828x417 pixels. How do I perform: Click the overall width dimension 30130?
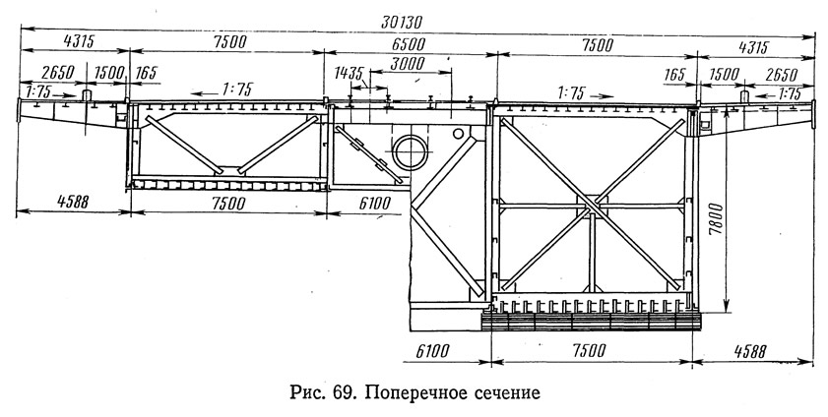[402, 23]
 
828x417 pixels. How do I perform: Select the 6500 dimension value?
[409, 44]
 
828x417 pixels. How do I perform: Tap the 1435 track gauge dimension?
[349, 73]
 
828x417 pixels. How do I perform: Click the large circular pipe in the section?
[411, 151]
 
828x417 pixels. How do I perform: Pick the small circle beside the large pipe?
[458, 134]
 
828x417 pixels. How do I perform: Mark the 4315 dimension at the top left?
[78, 42]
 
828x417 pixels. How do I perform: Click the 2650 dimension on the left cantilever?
[57, 72]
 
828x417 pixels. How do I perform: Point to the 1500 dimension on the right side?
[724, 75]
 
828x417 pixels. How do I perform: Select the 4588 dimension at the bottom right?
[749, 352]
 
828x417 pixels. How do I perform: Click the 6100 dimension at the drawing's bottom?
[432, 350]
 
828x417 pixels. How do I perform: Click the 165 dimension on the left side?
[147, 73]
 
